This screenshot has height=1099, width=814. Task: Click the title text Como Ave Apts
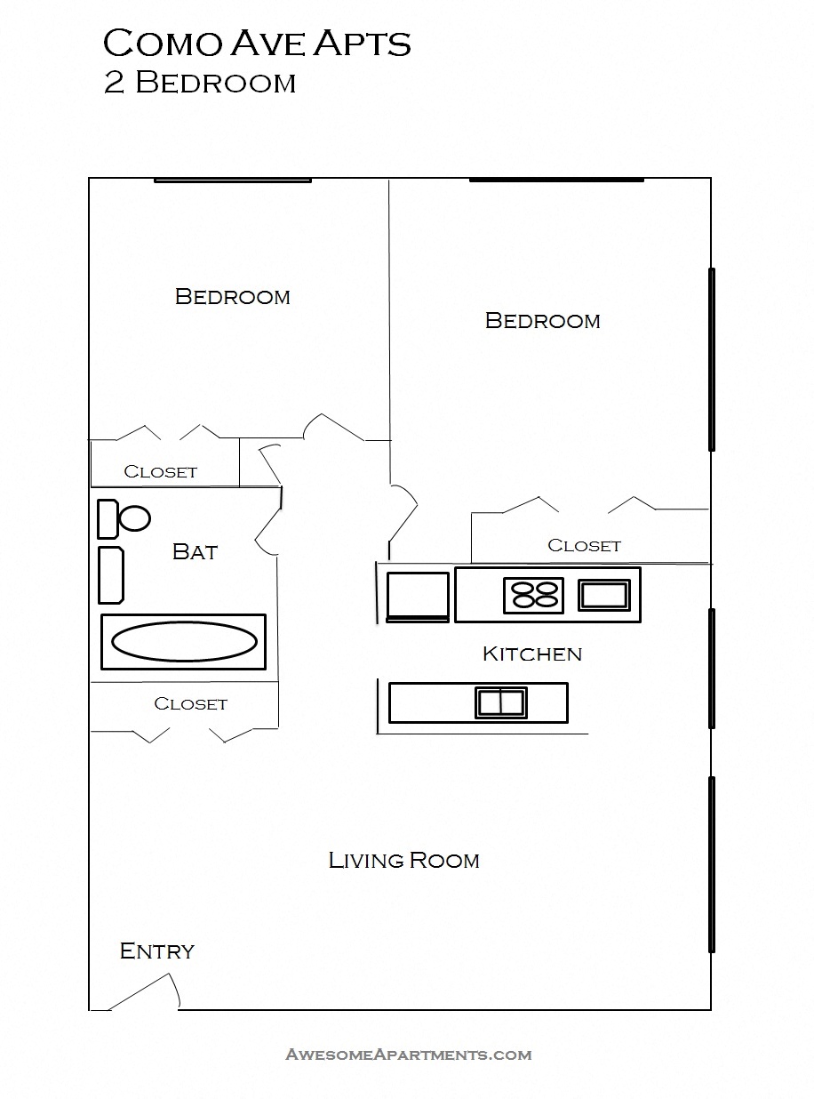[257, 44]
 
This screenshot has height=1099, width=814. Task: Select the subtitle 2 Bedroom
[199, 83]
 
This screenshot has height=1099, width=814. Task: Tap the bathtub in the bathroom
[183, 641]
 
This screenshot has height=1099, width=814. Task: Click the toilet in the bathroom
[124, 518]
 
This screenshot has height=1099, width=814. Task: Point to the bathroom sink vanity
[110, 575]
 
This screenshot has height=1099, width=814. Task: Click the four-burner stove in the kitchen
[533, 595]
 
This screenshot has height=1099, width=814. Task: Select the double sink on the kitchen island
[500, 702]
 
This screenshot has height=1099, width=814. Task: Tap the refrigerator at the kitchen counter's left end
[418, 596]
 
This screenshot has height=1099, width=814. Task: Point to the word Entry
[157, 951]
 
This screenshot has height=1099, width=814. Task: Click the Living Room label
[403, 861]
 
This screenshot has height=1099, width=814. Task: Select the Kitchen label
[531, 654]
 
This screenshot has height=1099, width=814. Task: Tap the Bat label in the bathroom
[195, 552]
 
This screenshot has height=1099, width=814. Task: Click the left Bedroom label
[232, 297]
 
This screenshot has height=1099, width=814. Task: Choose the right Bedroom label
[542, 321]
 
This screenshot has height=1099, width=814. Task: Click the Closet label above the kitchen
[584, 546]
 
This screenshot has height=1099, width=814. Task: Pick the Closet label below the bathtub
[190, 704]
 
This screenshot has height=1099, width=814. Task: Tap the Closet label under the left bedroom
[160, 472]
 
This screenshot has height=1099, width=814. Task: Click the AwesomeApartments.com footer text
[408, 1055]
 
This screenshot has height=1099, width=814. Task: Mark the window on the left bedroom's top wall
[232, 180]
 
